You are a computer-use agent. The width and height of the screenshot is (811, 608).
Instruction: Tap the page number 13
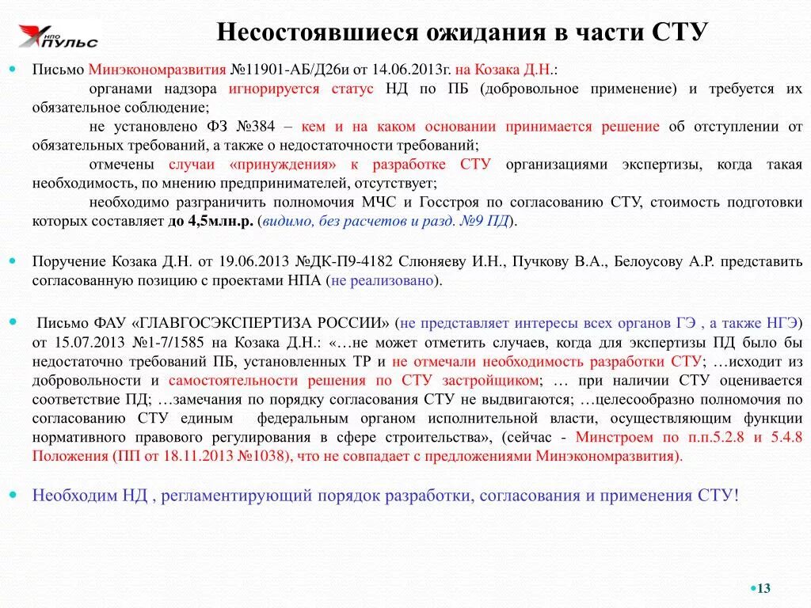coord(763,588)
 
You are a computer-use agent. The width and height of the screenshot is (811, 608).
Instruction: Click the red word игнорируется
coord(274,88)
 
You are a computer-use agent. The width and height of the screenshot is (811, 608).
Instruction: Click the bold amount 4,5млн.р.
coord(221,221)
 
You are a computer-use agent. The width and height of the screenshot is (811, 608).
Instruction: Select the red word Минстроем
coord(615,436)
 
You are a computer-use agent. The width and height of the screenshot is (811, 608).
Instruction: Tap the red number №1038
coord(265,455)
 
